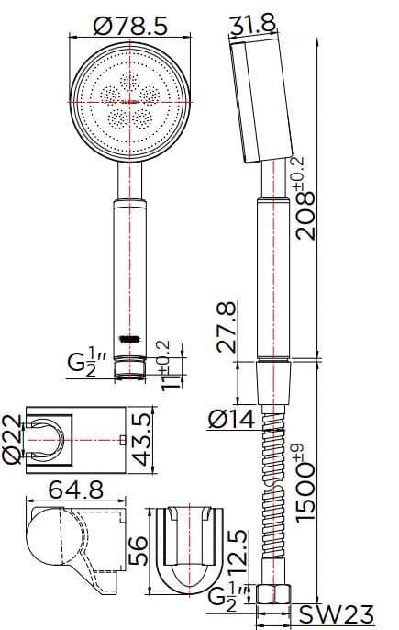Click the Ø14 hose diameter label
point(232,419)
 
